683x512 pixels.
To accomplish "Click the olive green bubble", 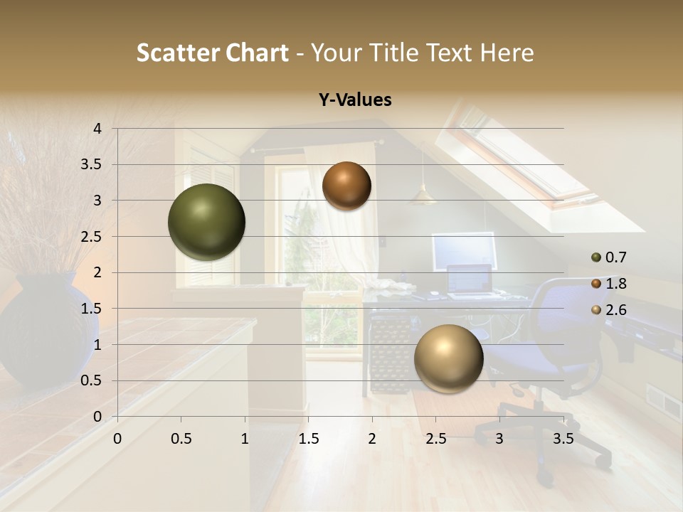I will [x=206, y=222].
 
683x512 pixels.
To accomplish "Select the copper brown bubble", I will [x=346, y=186].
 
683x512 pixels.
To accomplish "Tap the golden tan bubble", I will [x=448, y=358].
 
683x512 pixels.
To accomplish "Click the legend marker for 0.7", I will [x=596, y=257].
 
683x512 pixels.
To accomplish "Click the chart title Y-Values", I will [x=355, y=100].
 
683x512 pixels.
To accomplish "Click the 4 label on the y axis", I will [x=97, y=129].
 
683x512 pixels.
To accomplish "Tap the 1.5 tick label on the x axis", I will [x=308, y=439].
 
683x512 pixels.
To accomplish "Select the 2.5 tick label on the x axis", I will [x=435, y=439].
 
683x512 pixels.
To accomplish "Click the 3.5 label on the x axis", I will [x=562, y=439].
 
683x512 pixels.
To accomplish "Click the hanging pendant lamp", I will [x=423, y=195].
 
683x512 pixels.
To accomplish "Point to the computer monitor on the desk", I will [x=464, y=250].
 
